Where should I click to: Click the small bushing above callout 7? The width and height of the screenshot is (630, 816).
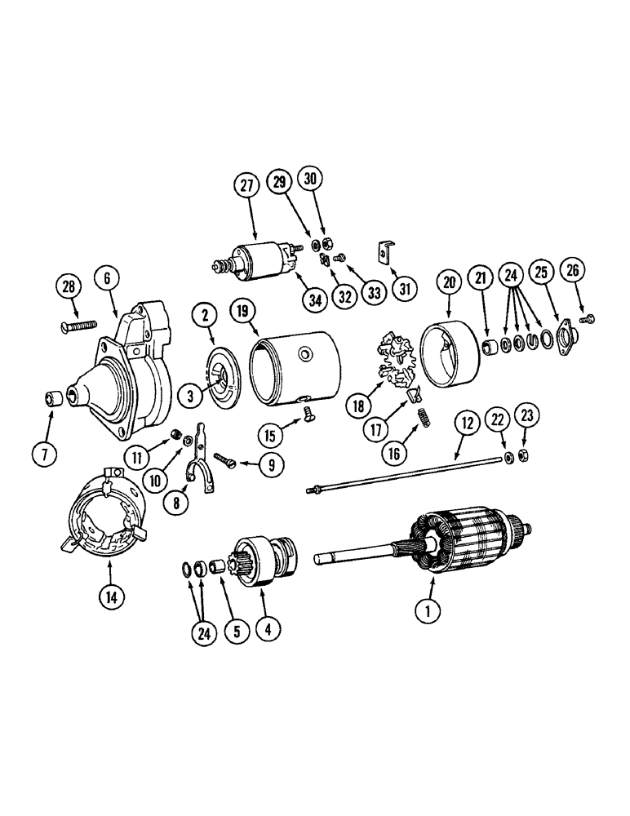[x=55, y=399]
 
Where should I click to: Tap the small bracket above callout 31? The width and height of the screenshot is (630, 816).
[x=386, y=253]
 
